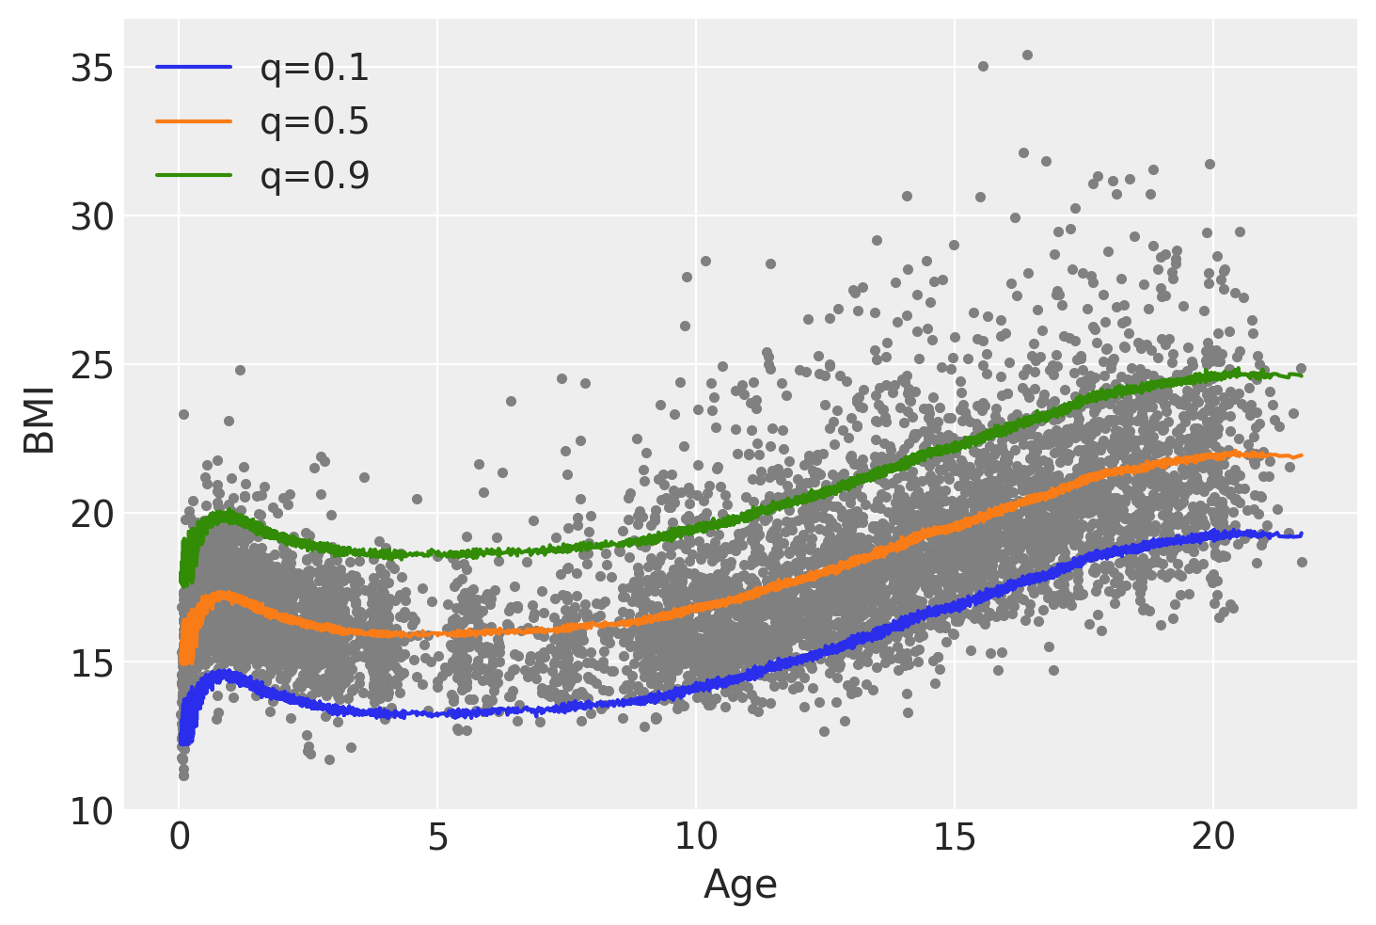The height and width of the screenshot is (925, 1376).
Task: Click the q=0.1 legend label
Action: pos(314,68)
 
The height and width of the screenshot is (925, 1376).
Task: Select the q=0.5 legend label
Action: pos(314,121)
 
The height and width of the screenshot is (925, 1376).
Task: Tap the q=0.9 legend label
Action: pos(314,176)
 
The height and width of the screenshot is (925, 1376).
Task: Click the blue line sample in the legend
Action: pos(194,67)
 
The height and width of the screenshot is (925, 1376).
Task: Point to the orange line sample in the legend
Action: pos(194,120)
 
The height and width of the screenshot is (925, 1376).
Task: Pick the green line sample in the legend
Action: pos(194,175)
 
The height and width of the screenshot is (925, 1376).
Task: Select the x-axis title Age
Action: pos(740,885)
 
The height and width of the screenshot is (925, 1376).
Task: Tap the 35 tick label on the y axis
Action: pos(91,70)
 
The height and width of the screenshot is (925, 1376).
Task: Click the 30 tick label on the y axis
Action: pos(91,217)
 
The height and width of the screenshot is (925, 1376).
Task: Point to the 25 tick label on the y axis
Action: pos(91,366)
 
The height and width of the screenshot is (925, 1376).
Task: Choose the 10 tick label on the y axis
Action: pos(91,811)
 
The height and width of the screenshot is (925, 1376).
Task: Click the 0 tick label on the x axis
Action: pos(179,837)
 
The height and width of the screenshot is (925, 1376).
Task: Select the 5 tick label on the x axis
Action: pos(437,837)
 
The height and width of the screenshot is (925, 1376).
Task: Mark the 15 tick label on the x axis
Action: pos(955,837)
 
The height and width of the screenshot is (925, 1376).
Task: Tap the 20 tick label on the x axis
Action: pos(1213,837)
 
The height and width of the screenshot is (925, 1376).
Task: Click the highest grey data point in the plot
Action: pos(1027,55)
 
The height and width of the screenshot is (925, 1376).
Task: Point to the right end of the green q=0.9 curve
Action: pos(1302,375)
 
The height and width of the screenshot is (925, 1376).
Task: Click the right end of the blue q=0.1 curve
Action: pos(1302,534)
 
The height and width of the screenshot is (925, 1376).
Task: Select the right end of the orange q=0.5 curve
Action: pos(1302,455)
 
